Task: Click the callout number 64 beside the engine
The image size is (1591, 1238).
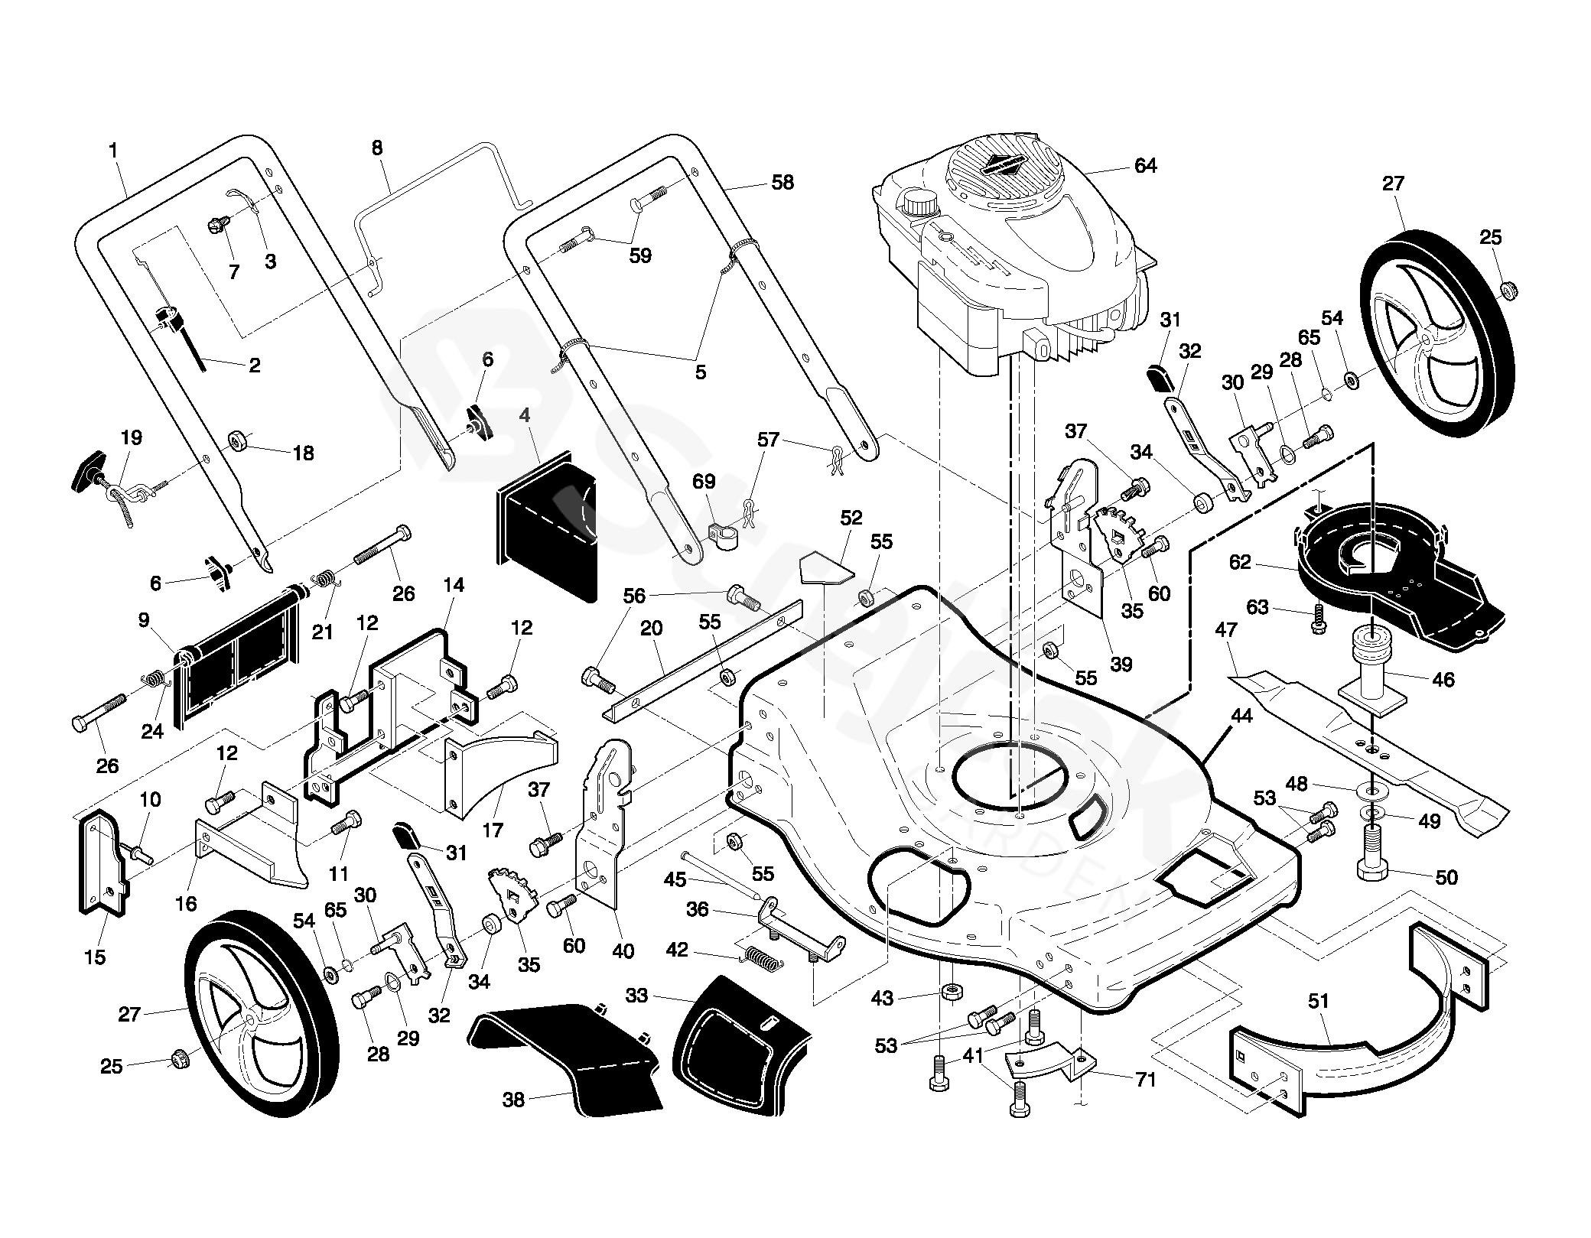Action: pyautogui.click(x=1145, y=165)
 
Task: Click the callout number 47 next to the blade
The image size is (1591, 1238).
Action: pyautogui.click(x=1225, y=630)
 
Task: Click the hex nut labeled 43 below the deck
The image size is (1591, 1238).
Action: pyautogui.click(x=950, y=993)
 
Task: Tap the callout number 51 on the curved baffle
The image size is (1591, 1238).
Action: pyautogui.click(x=1318, y=1000)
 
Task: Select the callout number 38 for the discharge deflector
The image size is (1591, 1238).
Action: pyautogui.click(x=513, y=1100)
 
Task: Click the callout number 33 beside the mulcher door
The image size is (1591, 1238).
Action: pyautogui.click(x=636, y=995)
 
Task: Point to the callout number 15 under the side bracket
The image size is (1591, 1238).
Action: pyautogui.click(x=95, y=957)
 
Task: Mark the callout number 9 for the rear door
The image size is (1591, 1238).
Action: pyautogui.click(x=144, y=620)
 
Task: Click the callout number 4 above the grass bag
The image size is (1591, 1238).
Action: pyautogui.click(x=524, y=416)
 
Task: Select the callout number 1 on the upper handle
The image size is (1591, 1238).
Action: pyautogui.click(x=113, y=151)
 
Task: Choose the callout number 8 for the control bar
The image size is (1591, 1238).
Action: pyautogui.click(x=377, y=148)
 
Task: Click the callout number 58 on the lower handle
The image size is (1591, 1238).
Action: pyautogui.click(x=782, y=182)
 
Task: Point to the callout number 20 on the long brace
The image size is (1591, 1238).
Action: pyautogui.click(x=651, y=628)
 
